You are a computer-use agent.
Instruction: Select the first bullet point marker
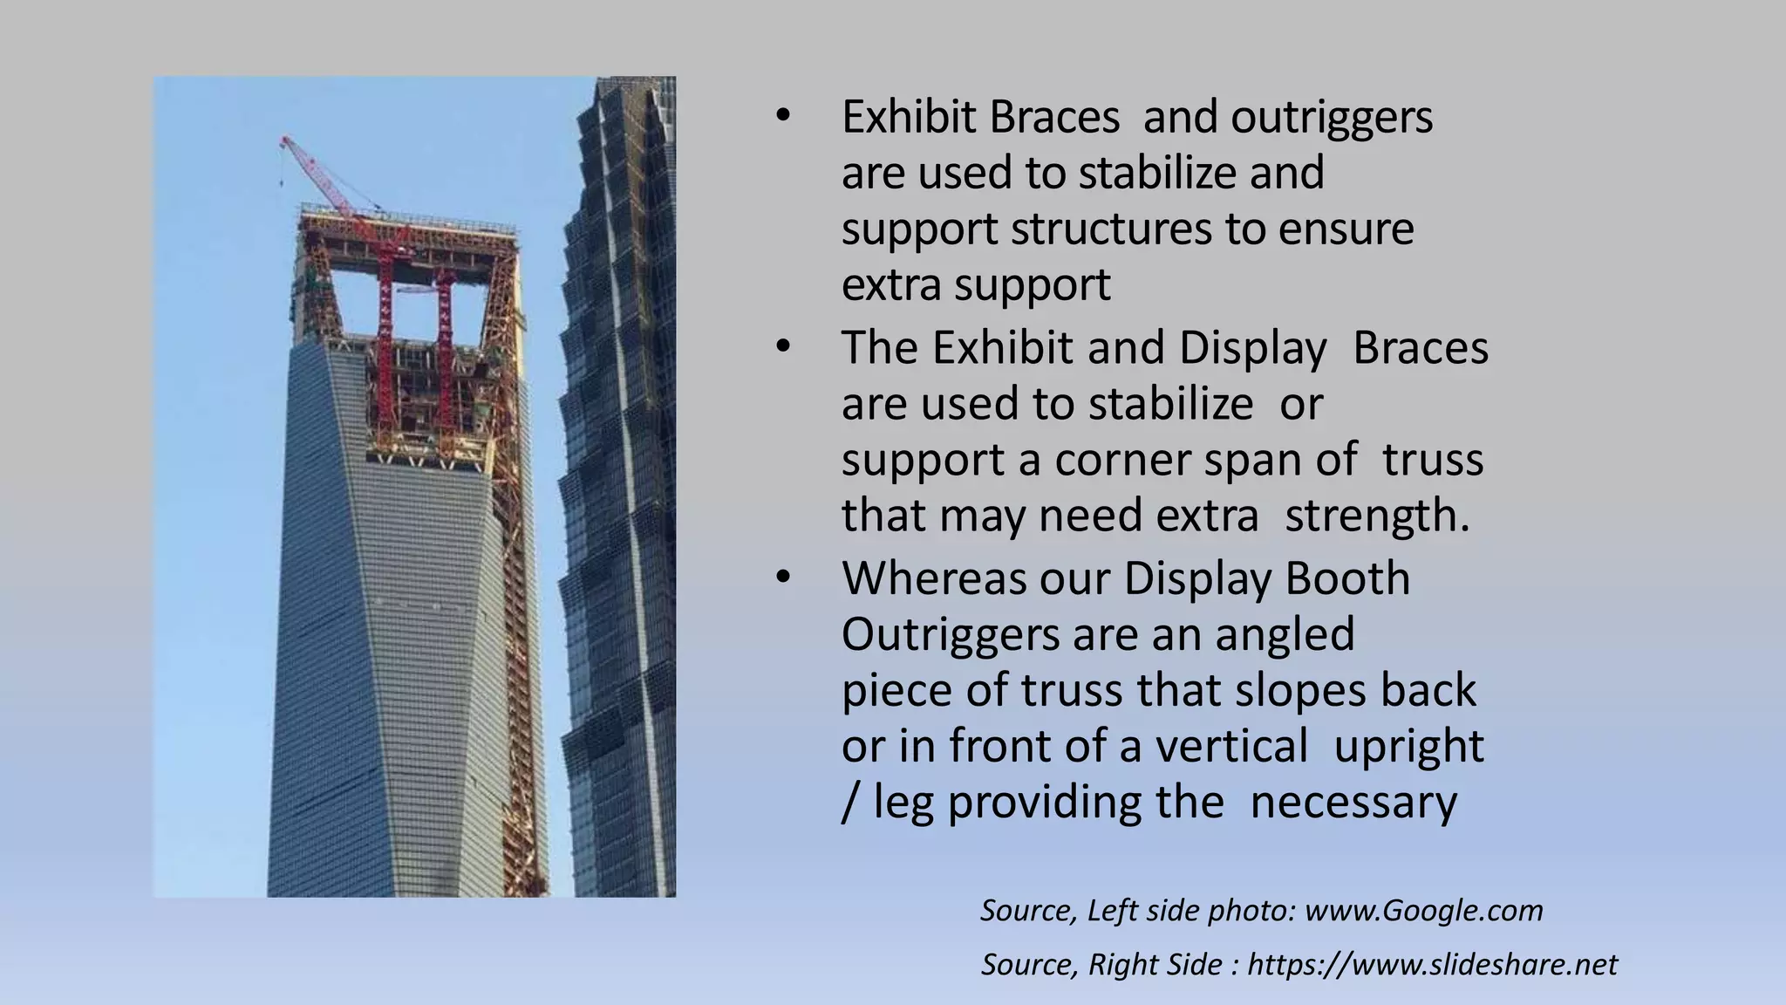pos(782,116)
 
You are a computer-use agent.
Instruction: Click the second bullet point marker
pos(782,347)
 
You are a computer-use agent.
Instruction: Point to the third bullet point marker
pos(782,578)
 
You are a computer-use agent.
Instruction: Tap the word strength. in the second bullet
pos(1377,515)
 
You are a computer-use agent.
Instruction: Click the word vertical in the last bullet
pos(1231,746)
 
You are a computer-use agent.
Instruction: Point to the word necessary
pos(1353,802)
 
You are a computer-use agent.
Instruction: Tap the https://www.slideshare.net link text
pos(1432,964)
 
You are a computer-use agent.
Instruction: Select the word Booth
pos(1347,578)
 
